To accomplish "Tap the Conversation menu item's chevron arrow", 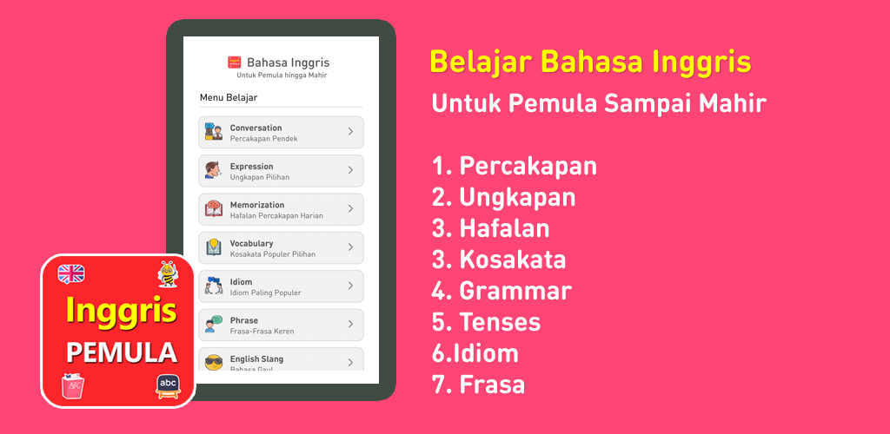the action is (x=350, y=131).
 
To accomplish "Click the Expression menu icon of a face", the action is (x=213, y=170).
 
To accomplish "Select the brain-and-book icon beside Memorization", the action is (x=214, y=208).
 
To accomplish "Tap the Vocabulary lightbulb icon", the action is (x=214, y=247).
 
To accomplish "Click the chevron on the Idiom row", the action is (x=350, y=286).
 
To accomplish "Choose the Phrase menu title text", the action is (x=244, y=320).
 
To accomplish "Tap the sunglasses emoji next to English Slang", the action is (x=214, y=363).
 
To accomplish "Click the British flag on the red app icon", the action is (x=71, y=274).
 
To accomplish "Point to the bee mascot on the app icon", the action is (x=168, y=274).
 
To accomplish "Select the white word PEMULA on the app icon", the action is (x=122, y=352).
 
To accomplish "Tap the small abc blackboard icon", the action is (x=169, y=386).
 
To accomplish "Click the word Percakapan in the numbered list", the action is (x=528, y=166).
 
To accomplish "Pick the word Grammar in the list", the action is (x=515, y=292).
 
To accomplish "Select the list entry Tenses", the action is (x=500, y=322).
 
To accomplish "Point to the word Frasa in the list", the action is (x=492, y=385).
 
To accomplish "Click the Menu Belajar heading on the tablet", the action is (x=229, y=98).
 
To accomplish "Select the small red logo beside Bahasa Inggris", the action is (x=234, y=62).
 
